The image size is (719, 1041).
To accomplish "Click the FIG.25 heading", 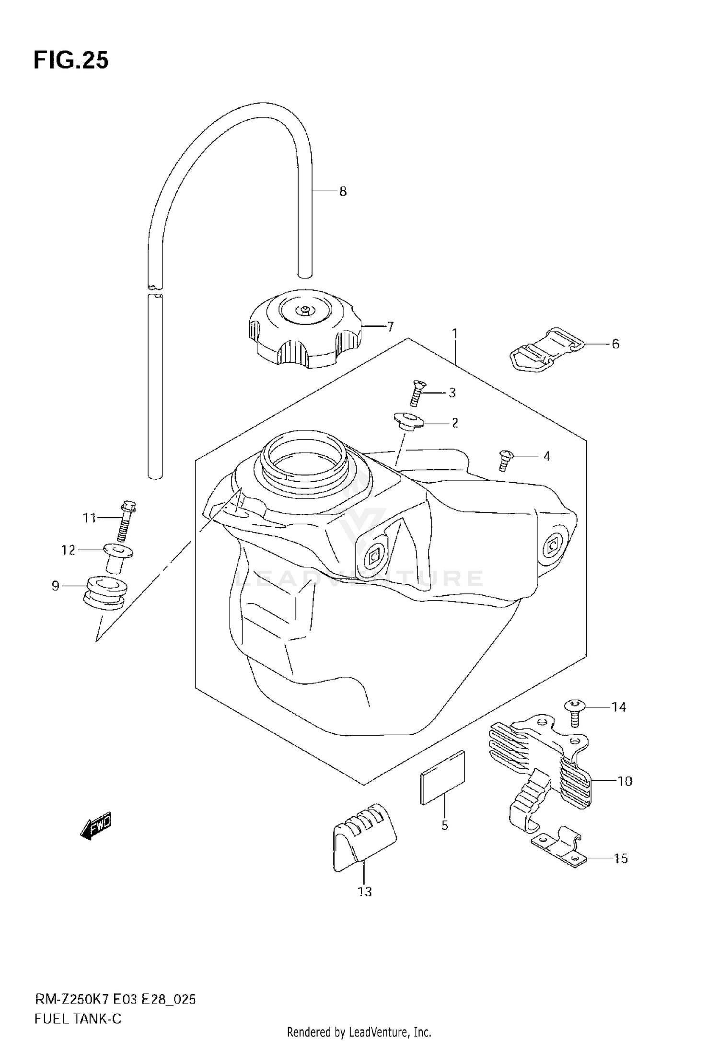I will pos(71,61).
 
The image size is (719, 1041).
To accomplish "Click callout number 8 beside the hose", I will pos(343,192).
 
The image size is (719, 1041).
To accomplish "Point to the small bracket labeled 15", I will pos(558,853).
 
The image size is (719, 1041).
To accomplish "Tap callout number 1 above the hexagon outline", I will pos(454,333).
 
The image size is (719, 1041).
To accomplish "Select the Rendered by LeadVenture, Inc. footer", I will pos(359,1032).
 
